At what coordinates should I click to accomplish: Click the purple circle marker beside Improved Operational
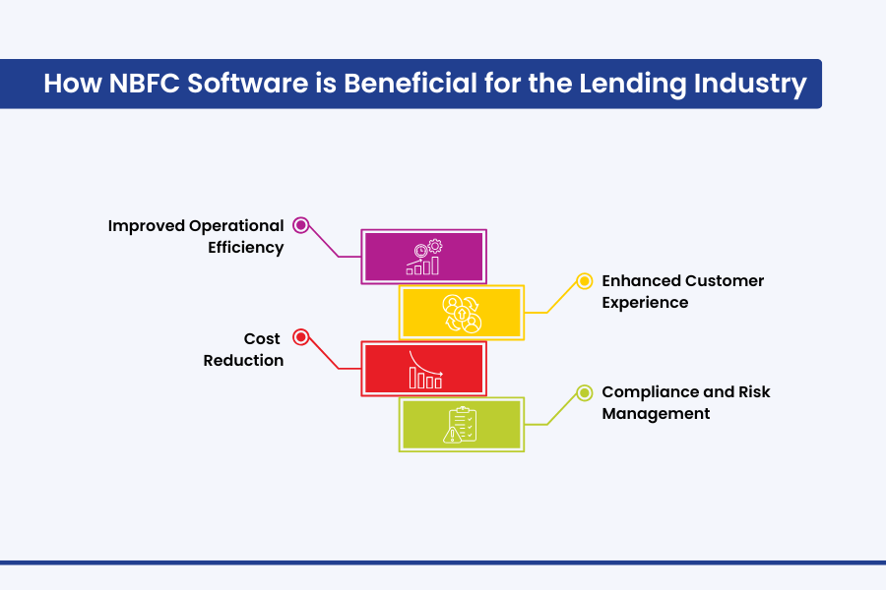[301, 225]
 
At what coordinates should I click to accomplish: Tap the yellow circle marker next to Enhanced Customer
[584, 280]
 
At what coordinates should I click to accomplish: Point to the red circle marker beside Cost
[301, 337]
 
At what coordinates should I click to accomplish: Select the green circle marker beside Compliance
[584, 391]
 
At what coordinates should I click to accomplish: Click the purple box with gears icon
[424, 257]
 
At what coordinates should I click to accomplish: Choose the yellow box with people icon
[462, 313]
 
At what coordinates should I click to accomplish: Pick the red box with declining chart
[424, 369]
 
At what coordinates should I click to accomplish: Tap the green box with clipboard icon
[462, 424]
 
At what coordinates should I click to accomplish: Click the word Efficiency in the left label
[245, 248]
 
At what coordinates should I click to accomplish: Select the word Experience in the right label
[645, 303]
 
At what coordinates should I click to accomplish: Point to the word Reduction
[243, 360]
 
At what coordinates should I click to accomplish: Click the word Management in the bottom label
[656, 414]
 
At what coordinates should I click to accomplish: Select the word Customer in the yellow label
[724, 280]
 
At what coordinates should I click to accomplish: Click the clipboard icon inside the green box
[462, 424]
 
